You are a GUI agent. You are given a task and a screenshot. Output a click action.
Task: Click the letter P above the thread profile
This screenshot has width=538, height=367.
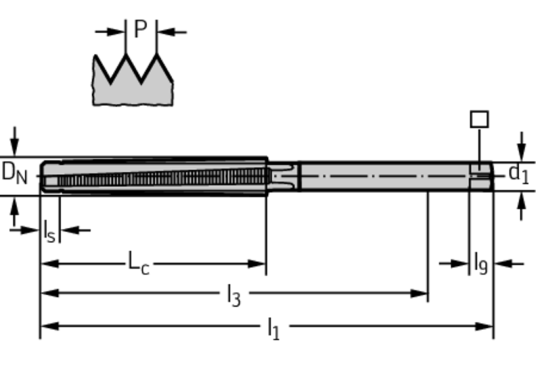pyautogui.click(x=140, y=29)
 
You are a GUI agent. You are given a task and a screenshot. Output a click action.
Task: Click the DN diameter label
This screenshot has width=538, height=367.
pyautogui.click(x=14, y=171)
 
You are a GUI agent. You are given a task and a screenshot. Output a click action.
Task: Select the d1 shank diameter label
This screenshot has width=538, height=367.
pyautogui.click(x=518, y=173)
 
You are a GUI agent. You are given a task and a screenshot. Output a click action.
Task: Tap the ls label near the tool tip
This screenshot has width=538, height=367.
pyautogui.click(x=48, y=231)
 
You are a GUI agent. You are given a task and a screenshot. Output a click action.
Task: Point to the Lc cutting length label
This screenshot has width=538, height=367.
pyautogui.click(x=137, y=263)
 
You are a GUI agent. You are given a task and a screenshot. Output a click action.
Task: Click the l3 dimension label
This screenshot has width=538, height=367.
pyautogui.click(x=233, y=296)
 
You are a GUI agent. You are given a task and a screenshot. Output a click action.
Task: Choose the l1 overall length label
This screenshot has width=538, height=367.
pyautogui.click(x=273, y=328)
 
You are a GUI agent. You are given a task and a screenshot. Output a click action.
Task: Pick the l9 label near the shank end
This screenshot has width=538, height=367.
pyautogui.click(x=480, y=264)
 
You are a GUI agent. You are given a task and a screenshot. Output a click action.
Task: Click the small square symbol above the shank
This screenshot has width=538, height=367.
pyautogui.click(x=479, y=119)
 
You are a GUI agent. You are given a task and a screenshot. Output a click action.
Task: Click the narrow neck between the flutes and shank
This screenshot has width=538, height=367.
pyautogui.click(x=283, y=175)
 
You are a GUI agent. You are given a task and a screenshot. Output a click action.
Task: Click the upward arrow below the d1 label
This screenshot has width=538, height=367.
pyautogui.click(x=520, y=203)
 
